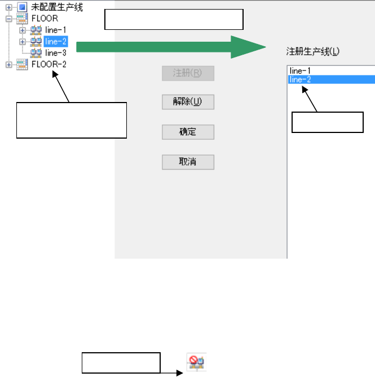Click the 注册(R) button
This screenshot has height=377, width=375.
(x=188, y=73)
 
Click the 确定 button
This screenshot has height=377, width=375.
(x=188, y=132)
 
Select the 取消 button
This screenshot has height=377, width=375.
(x=188, y=162)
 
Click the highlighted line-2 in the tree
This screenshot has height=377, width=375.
(x=56, y=41)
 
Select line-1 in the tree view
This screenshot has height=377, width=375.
(x=56, y=30)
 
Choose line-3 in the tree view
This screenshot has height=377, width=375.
(x=56, y=52)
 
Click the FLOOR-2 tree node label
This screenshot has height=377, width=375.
(x=48, y=64)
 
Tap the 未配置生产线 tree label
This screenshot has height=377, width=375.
(x=57, y=7)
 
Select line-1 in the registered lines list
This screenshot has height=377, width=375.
(x=299, y=70)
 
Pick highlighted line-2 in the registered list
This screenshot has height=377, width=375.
(x=299, y=79)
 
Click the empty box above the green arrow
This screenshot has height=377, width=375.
(x=174, y=20)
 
